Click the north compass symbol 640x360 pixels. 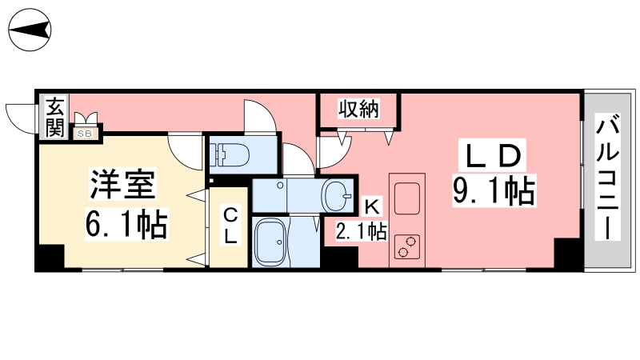(x=30, y=30)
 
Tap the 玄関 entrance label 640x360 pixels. (x=55, y=117)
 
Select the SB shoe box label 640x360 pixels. (x=86, y=133)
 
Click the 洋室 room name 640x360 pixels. (x=122, y=185)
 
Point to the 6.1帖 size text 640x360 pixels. (x=126, y=224)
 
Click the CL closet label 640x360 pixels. (x=230, y=226)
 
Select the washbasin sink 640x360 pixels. (x=337, y=195)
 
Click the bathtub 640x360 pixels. (x=270, y=242)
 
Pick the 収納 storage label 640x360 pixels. (x=358, y=109)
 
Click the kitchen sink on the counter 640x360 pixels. (x=406, y=198)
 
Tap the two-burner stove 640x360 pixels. (x=407, y=246)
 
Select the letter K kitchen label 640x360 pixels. (x=372, y=207)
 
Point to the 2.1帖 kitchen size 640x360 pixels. (x=362, y=231)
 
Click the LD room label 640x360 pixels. (x=494, y=155)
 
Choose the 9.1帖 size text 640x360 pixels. (x=494, y=191)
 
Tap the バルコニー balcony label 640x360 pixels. (x=608, y=177)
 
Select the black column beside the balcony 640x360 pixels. (x=568, y=254)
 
